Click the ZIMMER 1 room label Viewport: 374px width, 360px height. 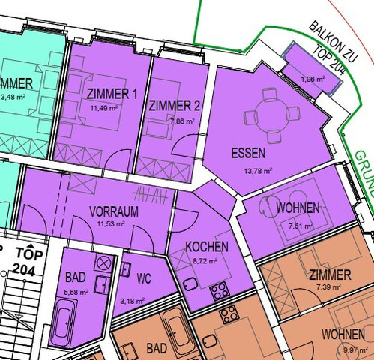[x=112, y=94]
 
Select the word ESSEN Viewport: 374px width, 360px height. [x=248, y=154]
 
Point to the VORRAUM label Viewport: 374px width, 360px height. [x=114, y=211]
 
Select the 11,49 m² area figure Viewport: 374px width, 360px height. [x=100, y=108]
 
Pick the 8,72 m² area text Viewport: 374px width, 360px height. [x=205, y=261]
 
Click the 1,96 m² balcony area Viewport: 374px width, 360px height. [x=313, y=79]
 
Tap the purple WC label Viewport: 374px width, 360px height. [x=145, y=279]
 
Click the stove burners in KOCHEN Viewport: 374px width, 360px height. [x=220, y=290]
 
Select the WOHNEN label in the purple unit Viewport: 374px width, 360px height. [x=298, y=207]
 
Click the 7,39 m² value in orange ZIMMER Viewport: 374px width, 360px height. [x=328, y=286]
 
